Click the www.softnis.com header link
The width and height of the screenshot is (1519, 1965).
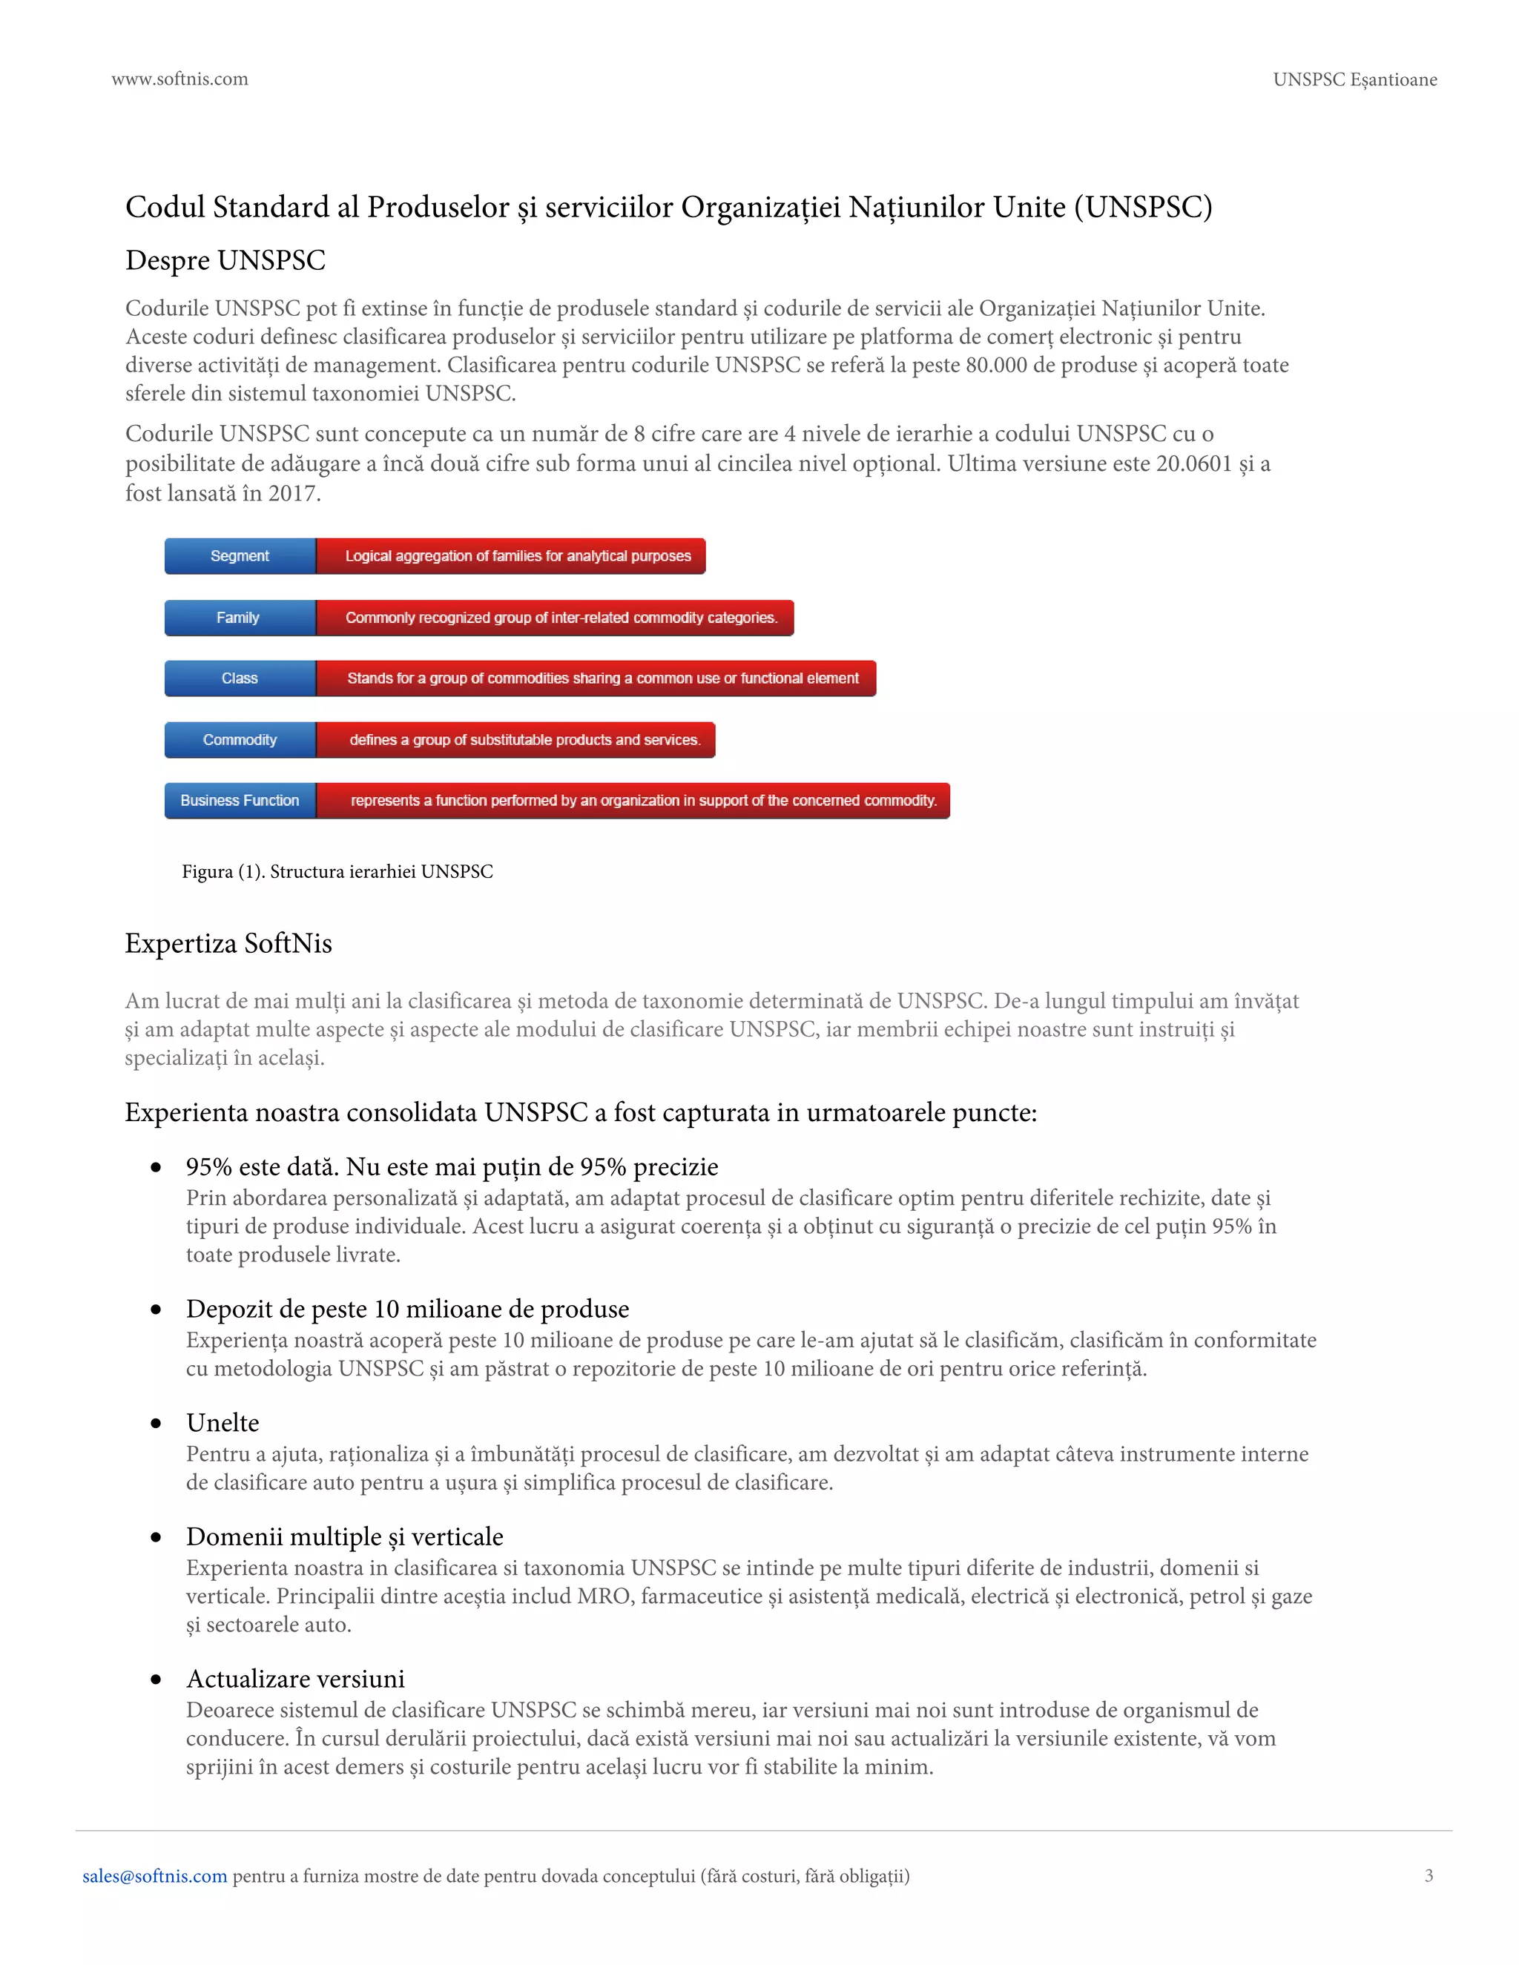pyautogui.click(x=179, y=79)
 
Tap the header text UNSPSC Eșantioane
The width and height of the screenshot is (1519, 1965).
pyautogui.click(x=1354, y=80)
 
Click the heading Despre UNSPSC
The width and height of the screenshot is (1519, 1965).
pyautogui.click(x=225, y=260)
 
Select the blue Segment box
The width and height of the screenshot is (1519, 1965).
pyautogui.click(x=240, y=556)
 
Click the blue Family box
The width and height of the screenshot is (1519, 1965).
pyautogui.click(x=240, y=617)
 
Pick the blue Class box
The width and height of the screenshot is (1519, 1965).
pyautogui.click(x=240, y=678)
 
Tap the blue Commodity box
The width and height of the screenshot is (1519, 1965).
pyautogui.click(x=240, y=739)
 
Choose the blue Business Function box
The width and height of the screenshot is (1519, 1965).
pyautogui.click(x=240, y=801)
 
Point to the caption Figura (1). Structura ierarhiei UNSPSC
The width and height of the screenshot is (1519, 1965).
pyautogui.click(x=337, y=872)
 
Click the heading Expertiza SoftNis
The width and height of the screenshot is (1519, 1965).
pyautogui.click(x=228, y=943)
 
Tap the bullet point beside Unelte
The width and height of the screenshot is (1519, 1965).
pyautogui.click(x=156, y=1424)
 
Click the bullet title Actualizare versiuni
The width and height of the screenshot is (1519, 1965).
pyautogui.click(x=295, y=1679)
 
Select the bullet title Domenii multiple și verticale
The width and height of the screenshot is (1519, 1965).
pyautogui.click(x=345, y=1536)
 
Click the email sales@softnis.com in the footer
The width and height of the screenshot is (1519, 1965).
pyautogui.click(x=155, y=1876)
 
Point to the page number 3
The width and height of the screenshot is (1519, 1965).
pyautogui.click(x=1428, y=1876)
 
